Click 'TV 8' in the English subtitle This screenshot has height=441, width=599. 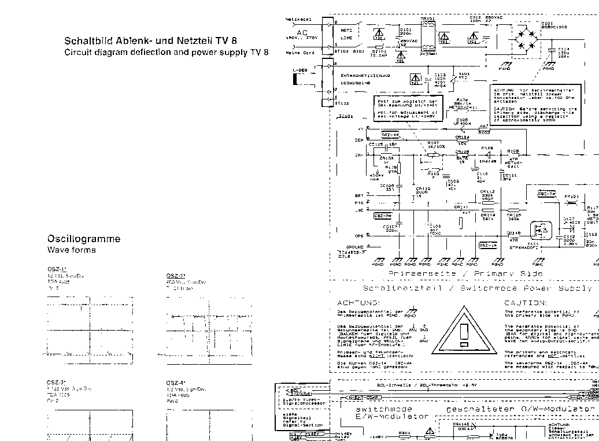[258, 52]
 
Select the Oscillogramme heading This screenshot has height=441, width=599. [84, 239]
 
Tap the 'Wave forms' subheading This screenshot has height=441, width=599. [71, 250]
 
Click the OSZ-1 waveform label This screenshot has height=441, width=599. [57, 269]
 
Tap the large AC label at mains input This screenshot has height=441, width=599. [302, 33]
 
